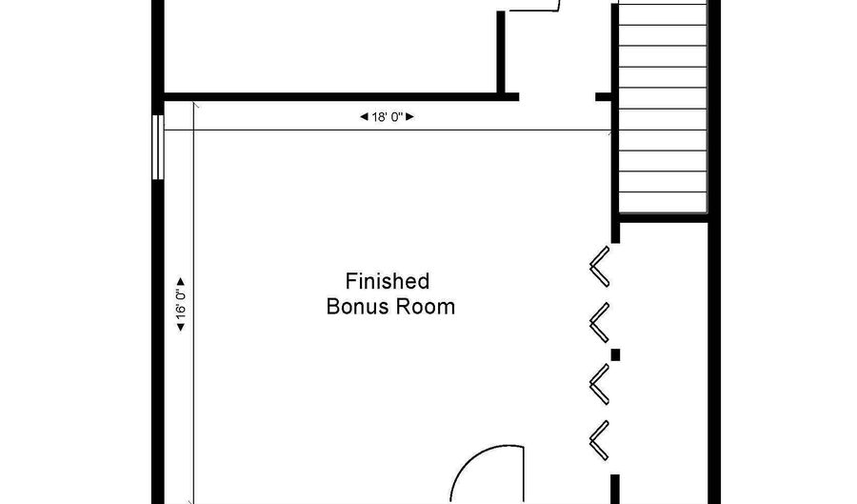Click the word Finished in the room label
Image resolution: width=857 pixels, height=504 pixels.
coord(388,281)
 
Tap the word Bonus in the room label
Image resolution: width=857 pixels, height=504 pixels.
coord(357,306)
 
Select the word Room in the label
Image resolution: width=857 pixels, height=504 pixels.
coord(426,306)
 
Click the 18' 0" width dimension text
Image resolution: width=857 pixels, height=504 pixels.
coord(387,116)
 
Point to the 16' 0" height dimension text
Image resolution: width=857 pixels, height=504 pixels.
coord(181,305)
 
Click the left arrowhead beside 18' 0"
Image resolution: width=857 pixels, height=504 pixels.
coord(364,116)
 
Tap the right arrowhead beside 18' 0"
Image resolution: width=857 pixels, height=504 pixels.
coord(409,116)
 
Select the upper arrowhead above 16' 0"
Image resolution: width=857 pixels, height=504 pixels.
coord(180,282)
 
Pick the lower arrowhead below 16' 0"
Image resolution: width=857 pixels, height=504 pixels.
coord(180,327)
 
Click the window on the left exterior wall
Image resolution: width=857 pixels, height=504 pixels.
coord(158,147)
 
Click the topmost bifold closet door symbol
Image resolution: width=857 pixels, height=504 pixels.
coord(600,266)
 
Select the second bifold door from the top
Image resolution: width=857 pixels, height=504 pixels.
coord(600,323)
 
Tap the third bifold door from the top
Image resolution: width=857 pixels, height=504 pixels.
coord(600,384)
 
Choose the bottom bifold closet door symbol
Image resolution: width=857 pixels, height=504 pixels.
coord(600,440)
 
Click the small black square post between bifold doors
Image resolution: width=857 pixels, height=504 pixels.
coord(615,354)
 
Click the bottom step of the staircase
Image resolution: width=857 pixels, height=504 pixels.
coord(663,202)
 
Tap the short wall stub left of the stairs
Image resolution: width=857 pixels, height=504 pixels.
coord(604,97)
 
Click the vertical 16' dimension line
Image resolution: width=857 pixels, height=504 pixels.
coord(193,302)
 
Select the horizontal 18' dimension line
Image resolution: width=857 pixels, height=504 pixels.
coord(388,131)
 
